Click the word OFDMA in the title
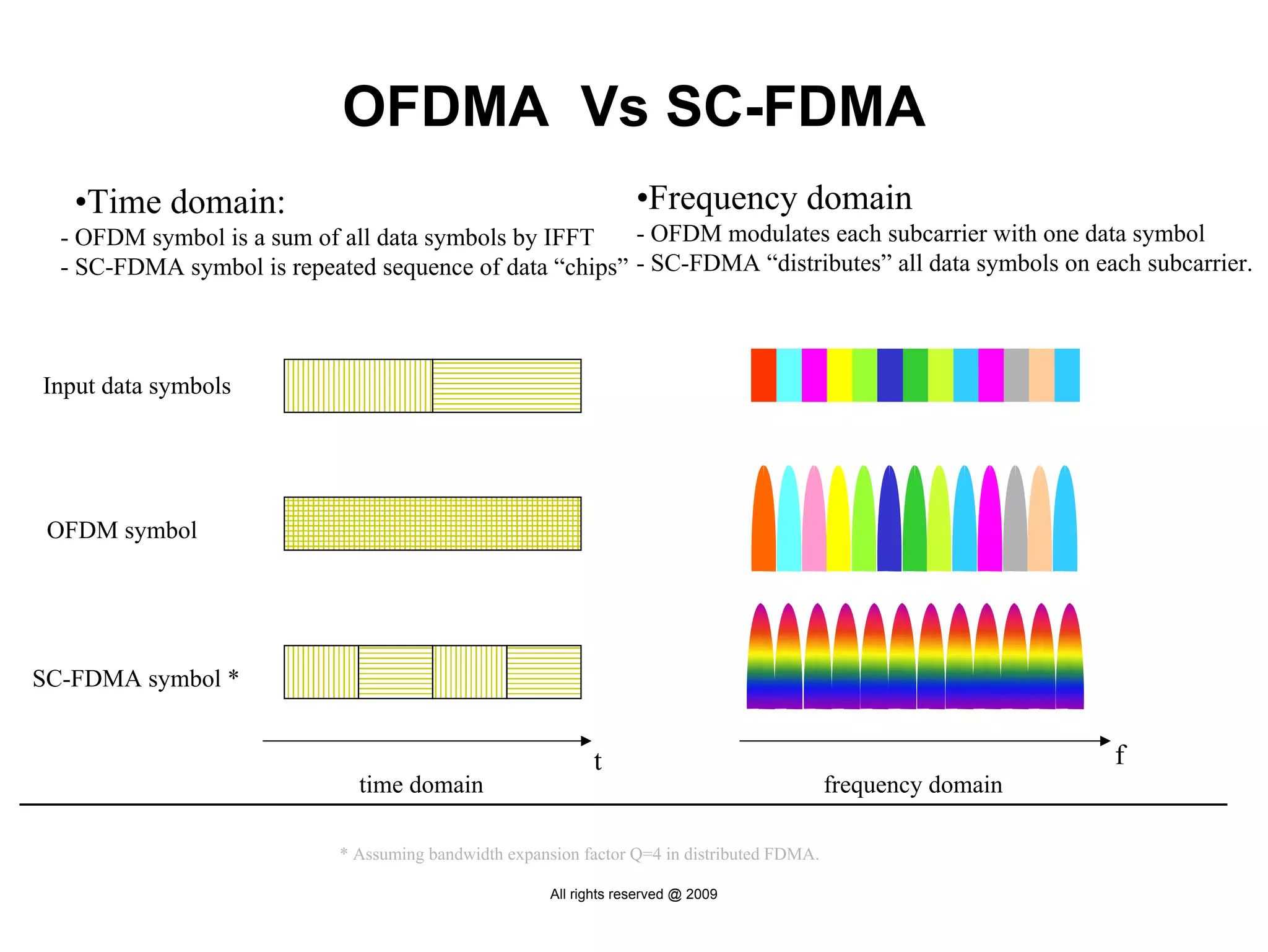pyautogui.click(x=446, y=107)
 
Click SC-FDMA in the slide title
pyautogui.click(x=796, y=107)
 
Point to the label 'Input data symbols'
pyautogui.click(x=137, y=386)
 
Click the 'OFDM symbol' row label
pyautogui.click(x=122, y=530)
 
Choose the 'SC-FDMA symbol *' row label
pyautogui.click(x=136, y=679)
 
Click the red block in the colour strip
pyautogui.click(x=763, y=375)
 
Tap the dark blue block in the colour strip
pyautogui.click(x=890, y=375)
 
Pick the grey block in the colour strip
pyautogui.click(x=1016, y=375)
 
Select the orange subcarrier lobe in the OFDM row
pyautogui.click(x=763, y=526)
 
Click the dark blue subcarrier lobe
pyautogui.click(x=889, y=526)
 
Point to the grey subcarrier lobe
pyautogui.click(x=1015, y=526)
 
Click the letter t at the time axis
pyautogui.click(x=597, y=762)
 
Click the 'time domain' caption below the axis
pyautogui.click(x=421, y=785)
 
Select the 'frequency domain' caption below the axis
pyautogui.click(x=913, y=785)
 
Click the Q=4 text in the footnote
pyautogui.click(x=645, y=855)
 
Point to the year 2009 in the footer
pyautogui.click(x=701, y=894)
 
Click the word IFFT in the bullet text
pyautogui.click(x=568, y=238)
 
